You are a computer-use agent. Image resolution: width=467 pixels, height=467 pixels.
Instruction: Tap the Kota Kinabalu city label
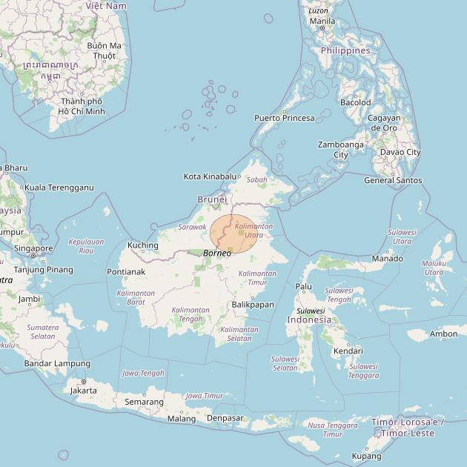(211, 176)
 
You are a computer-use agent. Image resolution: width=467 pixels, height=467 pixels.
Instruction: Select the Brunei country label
(212, 199)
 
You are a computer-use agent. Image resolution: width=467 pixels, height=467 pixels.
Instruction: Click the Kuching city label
(143, 245)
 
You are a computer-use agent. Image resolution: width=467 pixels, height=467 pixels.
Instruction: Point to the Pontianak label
(125, 272)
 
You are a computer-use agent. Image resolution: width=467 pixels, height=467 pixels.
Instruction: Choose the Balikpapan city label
(253, 305)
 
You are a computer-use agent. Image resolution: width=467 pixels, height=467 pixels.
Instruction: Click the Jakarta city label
(83, 390)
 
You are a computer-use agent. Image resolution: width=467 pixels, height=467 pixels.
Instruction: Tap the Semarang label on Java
(144, 402)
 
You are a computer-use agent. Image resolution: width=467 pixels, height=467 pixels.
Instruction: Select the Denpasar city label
(225, 418)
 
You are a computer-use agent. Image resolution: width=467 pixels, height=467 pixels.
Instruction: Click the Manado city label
(387, 259)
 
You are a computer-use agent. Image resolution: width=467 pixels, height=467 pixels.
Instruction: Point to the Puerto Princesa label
(284, 118)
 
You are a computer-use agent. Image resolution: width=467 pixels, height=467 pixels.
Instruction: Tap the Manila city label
(322, 21)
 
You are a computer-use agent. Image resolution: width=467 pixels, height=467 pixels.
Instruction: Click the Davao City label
(400, 152)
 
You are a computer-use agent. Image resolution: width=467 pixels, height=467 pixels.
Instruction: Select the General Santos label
(393, 180)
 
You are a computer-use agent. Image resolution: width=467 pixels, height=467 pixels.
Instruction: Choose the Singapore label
(33, 249)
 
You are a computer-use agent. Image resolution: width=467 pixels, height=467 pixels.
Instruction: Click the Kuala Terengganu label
(59, 188)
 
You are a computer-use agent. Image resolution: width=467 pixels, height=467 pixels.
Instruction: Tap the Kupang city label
(367, 456)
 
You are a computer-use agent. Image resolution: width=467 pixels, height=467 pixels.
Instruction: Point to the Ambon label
(443, 334)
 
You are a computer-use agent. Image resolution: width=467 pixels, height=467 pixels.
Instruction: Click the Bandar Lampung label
(57, 363)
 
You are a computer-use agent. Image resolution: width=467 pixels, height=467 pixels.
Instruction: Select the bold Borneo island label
(217, 254)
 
